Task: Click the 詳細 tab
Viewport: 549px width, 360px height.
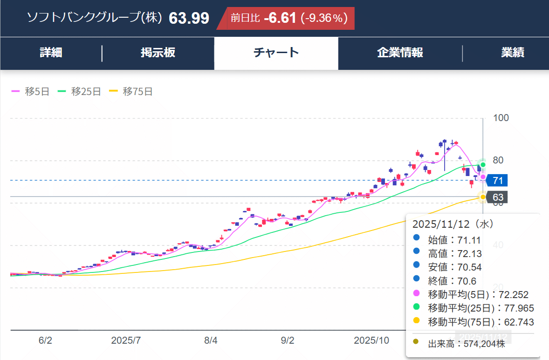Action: [x=51, y=53]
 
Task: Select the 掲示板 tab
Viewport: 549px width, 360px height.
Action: [x=158, y=53]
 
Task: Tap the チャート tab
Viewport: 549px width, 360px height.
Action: [x=276, y=53]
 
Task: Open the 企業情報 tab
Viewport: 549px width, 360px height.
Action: [x=400, y=53]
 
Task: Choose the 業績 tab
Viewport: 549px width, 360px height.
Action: [x=512, y=53]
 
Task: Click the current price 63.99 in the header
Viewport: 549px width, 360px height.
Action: [x=189, y=18]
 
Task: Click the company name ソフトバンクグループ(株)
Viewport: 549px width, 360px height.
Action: [x=95, y=18]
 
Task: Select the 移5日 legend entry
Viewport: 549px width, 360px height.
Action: [x=30, y=92]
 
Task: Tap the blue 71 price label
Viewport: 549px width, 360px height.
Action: [x=497, y=181]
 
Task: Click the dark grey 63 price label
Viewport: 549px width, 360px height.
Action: [x=498, y=197]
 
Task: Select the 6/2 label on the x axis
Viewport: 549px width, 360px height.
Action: [x=45, y=340]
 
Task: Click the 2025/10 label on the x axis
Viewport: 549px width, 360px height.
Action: [x=371, y=340]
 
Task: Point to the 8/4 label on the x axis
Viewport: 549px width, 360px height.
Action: [x=211, y=340]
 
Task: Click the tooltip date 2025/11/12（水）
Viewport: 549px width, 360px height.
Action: [x=453, y=224]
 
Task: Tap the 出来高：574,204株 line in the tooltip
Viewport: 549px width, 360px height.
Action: [x=466, y=344]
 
